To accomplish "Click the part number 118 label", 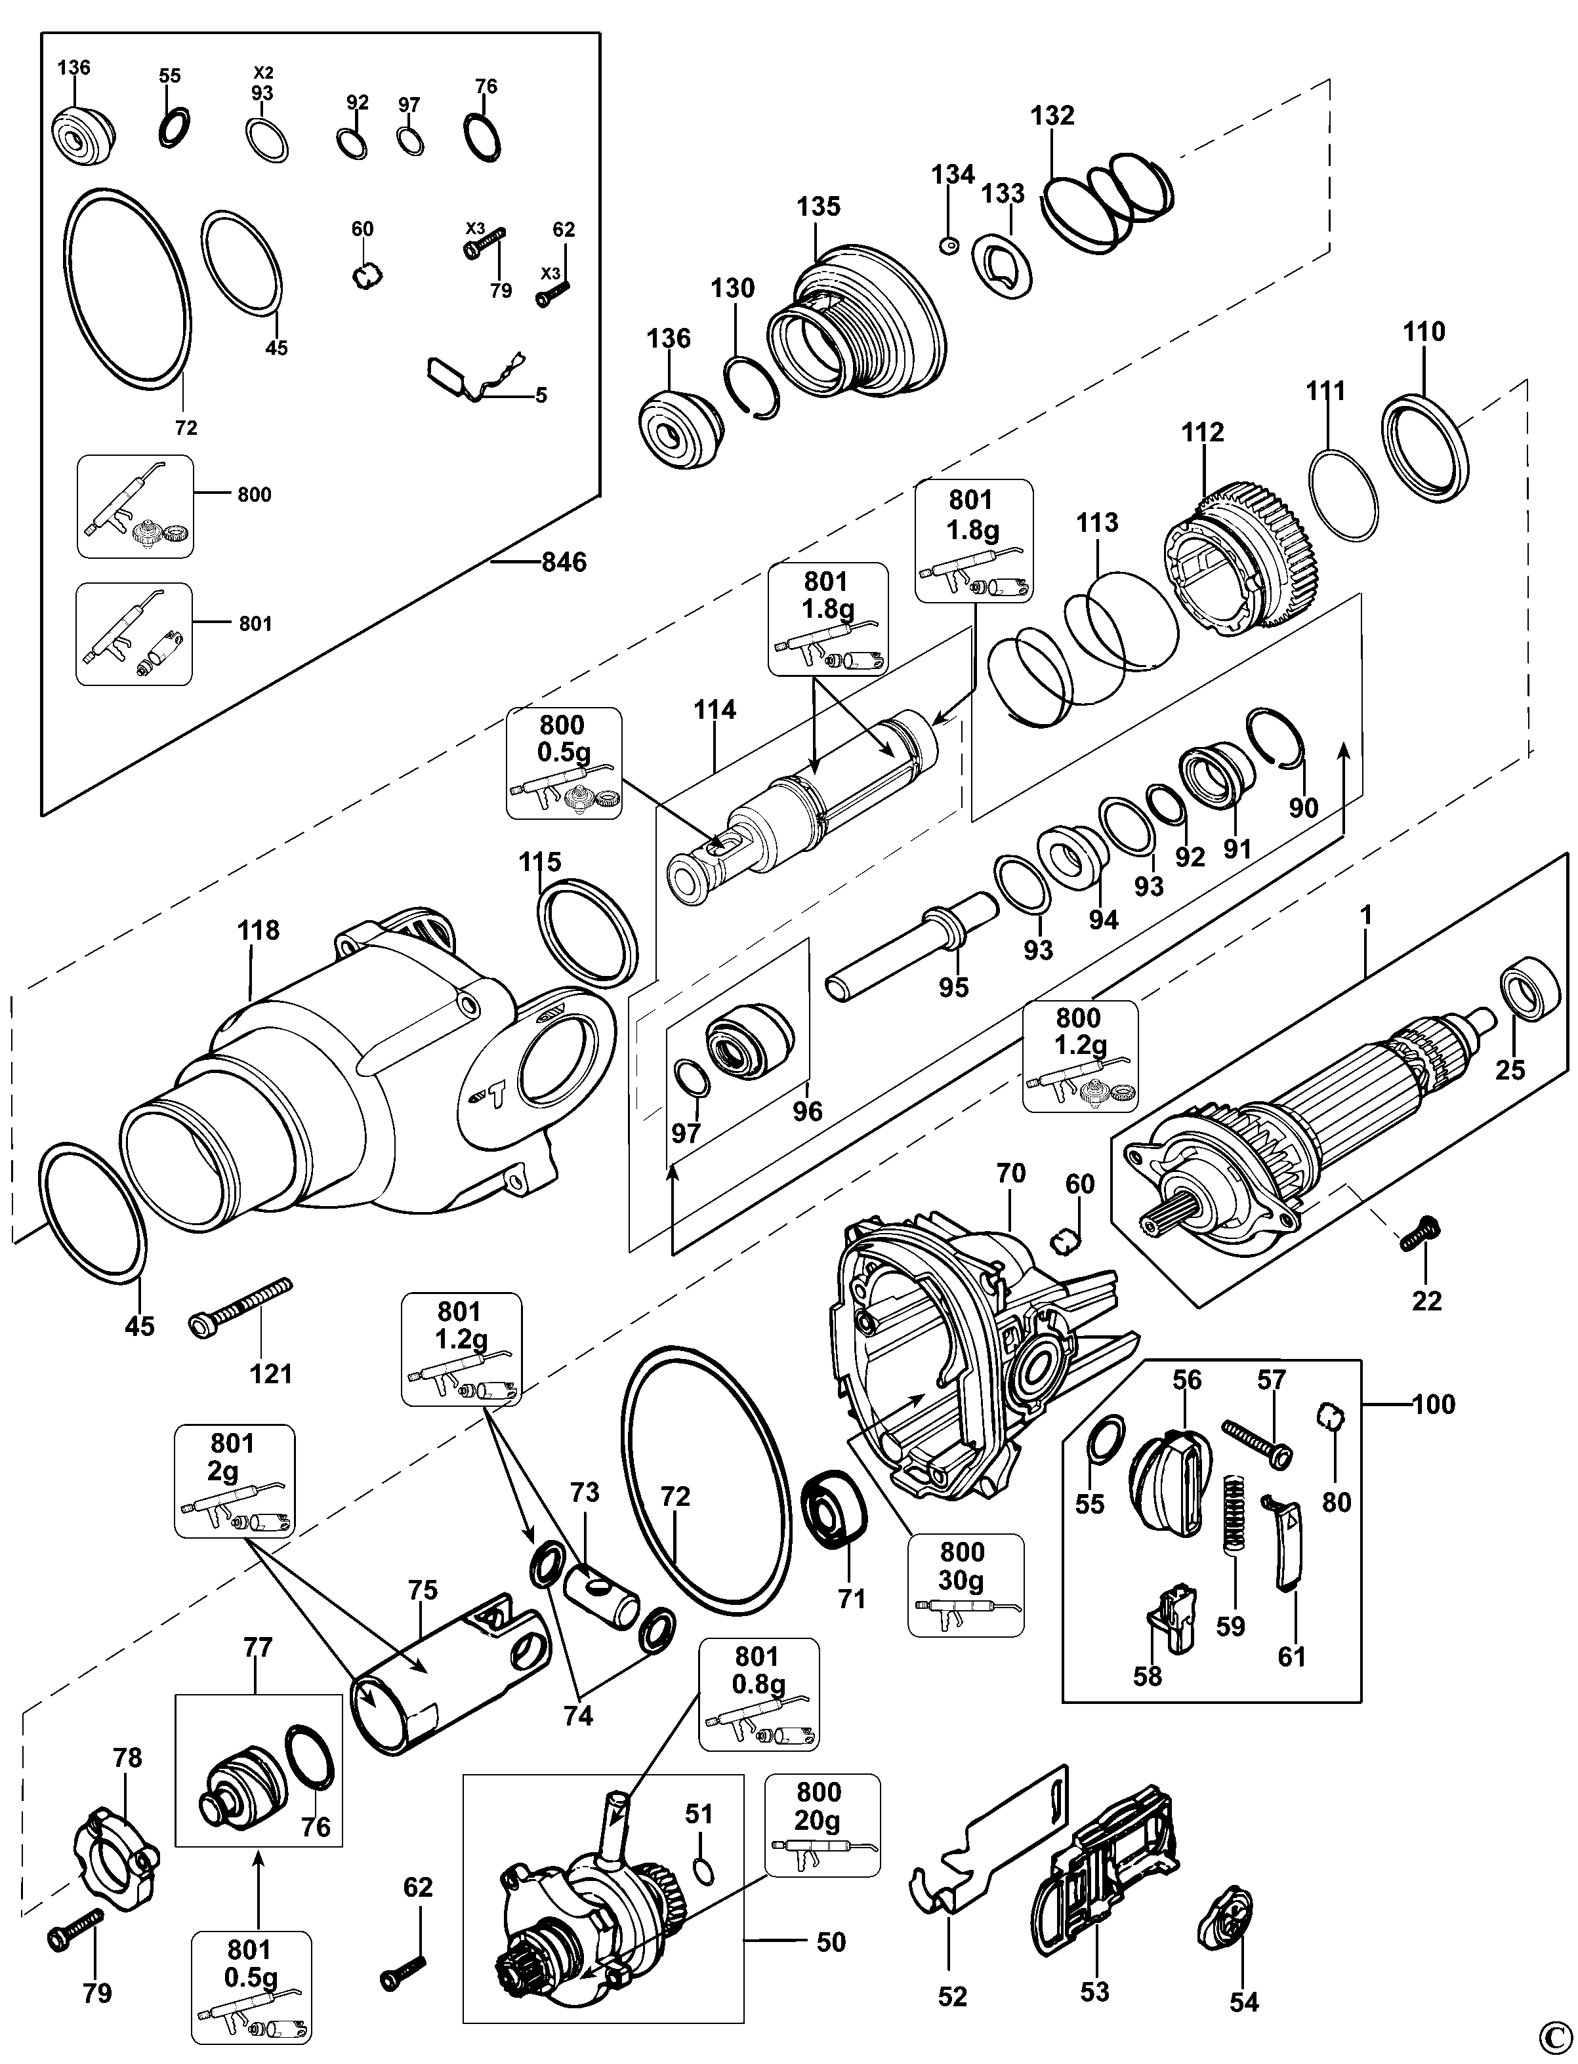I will pos(259,931).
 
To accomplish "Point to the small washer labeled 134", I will pos(949,245).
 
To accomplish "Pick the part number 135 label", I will pos(818,207).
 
